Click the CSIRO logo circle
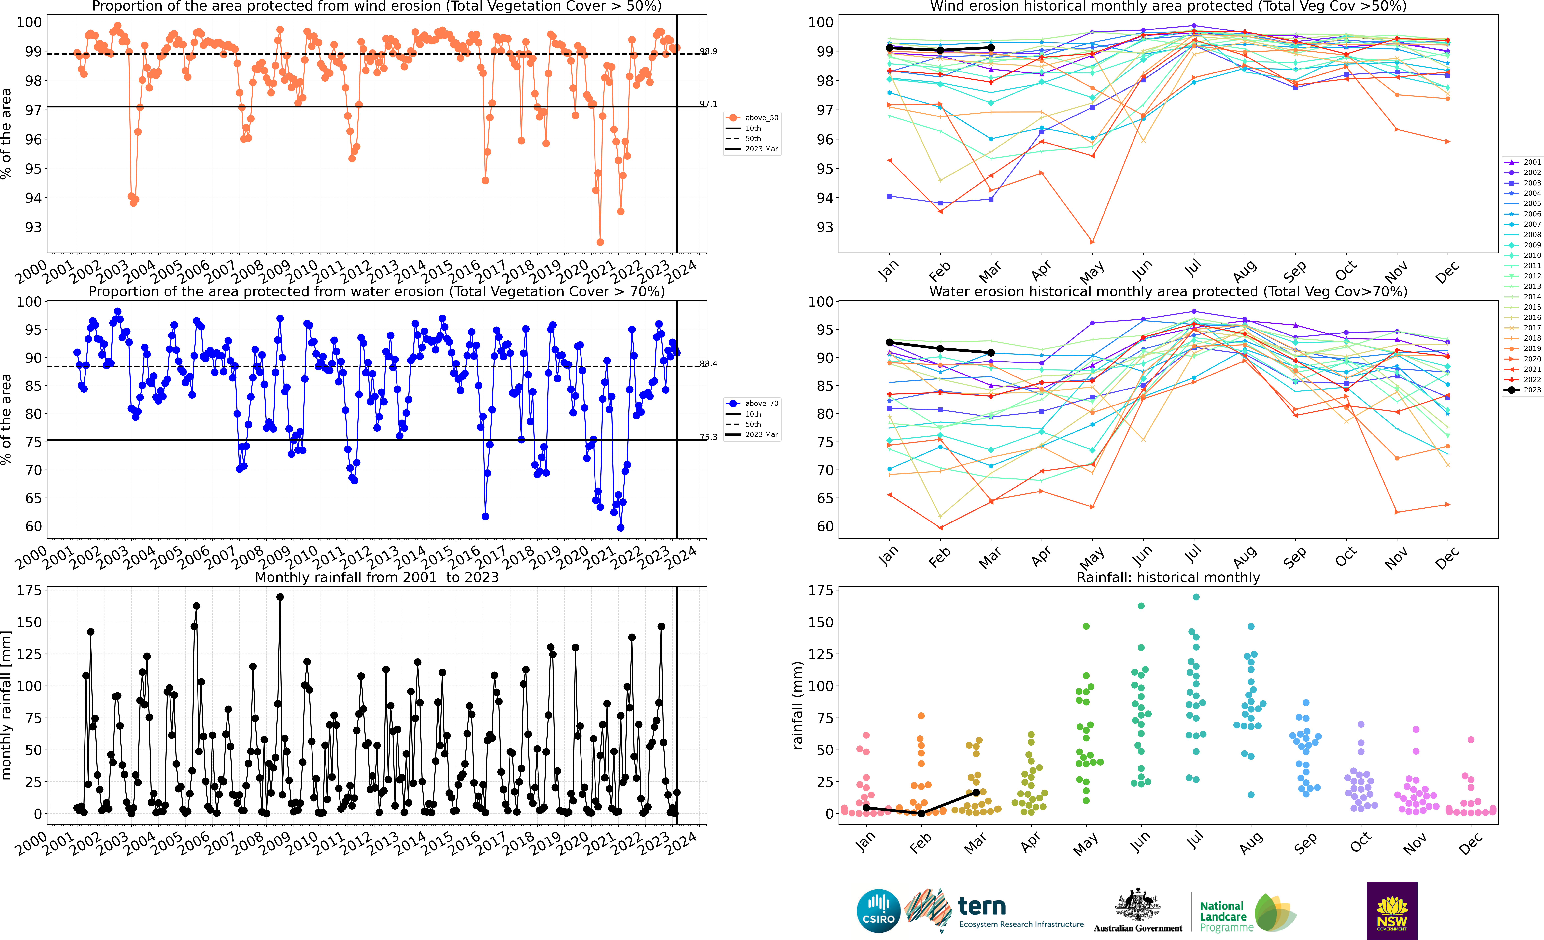[878, 911]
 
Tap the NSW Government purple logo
[1392, 911]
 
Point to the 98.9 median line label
[709, 51]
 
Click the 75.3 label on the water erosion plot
[709, 437]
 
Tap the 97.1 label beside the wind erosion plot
[709, 104]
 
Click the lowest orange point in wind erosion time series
[600, 242]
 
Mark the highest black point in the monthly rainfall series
[280, 597]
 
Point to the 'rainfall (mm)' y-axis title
[798, 705]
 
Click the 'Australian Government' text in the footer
[1138, 928]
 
